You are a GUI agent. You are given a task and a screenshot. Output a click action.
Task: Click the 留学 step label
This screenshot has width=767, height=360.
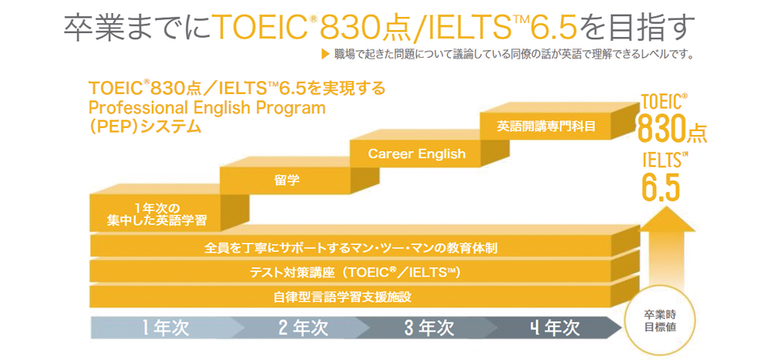(x=287, y=180)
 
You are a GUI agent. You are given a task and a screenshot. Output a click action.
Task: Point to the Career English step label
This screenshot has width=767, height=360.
(x=417, y=154)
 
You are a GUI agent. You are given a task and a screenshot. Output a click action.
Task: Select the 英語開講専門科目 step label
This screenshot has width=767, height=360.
(x=546, y=126)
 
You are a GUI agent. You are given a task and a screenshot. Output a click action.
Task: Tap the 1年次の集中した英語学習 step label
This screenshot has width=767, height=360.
(x=156, y=214)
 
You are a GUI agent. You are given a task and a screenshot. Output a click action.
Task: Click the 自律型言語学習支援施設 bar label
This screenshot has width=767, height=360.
(x=347, y=297)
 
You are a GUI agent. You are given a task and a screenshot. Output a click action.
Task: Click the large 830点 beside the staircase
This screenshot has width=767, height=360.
(x=671, y=130)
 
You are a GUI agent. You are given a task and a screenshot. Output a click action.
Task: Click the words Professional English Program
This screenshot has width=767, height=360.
(x=207, y=107)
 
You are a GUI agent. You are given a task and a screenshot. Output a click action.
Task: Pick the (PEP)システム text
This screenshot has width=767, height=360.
(x=145, y=126)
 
